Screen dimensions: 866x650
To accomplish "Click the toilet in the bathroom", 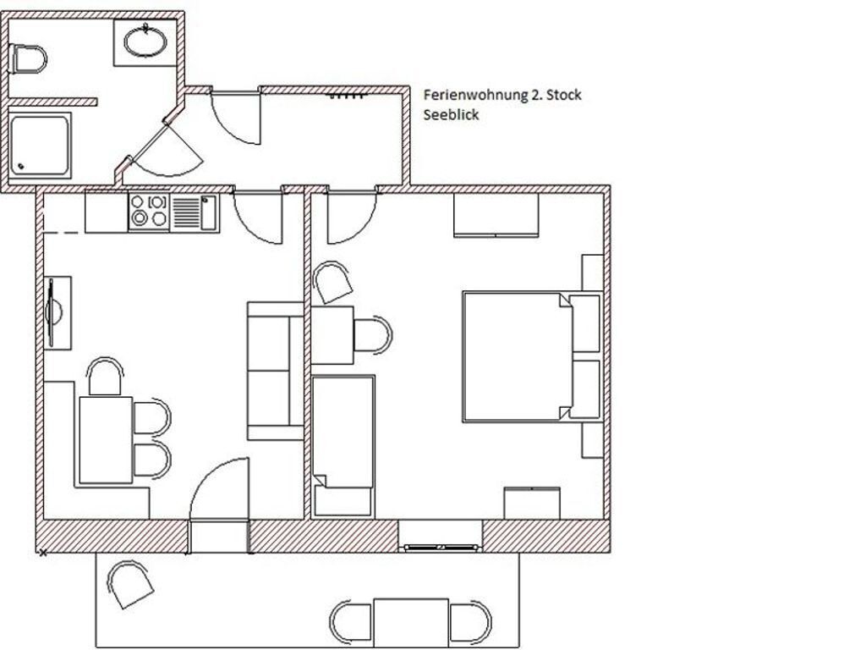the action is pos(28,59).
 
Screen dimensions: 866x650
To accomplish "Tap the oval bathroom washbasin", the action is pos(145,41).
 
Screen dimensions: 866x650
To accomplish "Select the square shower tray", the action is pos(40,145).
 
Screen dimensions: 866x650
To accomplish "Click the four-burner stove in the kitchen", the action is pos(150,211).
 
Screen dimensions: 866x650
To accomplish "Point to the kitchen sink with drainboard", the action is pos(195,212).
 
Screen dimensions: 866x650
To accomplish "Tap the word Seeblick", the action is pos(451,115).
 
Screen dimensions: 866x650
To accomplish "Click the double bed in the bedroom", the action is pos(531,357).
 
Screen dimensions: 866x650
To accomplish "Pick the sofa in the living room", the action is pos(275,371).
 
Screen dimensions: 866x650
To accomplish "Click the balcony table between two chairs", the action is pos(410,622).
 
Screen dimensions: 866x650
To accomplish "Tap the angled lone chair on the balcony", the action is pos(130,584).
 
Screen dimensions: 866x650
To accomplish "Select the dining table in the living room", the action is pos(106,440).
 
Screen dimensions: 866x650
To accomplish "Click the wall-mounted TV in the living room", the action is pos(57,313).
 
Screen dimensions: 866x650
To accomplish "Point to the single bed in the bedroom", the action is pos(343,447).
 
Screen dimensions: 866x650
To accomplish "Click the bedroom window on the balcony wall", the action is pos(440,548).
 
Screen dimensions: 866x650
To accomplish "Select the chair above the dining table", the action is pos(106,377).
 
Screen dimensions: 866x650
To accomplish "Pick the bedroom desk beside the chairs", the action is pos(332,335).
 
